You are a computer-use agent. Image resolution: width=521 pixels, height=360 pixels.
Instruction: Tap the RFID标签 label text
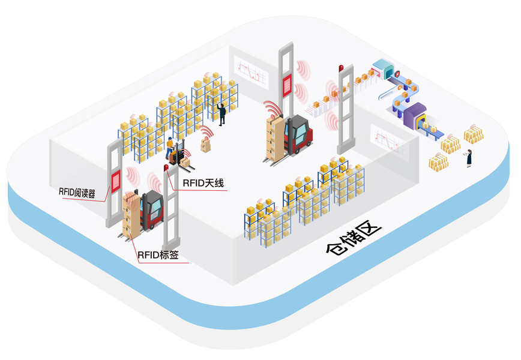pos(158,255)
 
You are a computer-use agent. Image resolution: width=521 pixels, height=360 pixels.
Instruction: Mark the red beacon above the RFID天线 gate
pos(166,167)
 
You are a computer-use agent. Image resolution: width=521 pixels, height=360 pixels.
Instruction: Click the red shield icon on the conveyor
pos(396,74)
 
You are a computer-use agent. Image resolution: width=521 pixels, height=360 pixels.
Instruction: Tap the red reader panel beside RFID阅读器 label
pos(115,179)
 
